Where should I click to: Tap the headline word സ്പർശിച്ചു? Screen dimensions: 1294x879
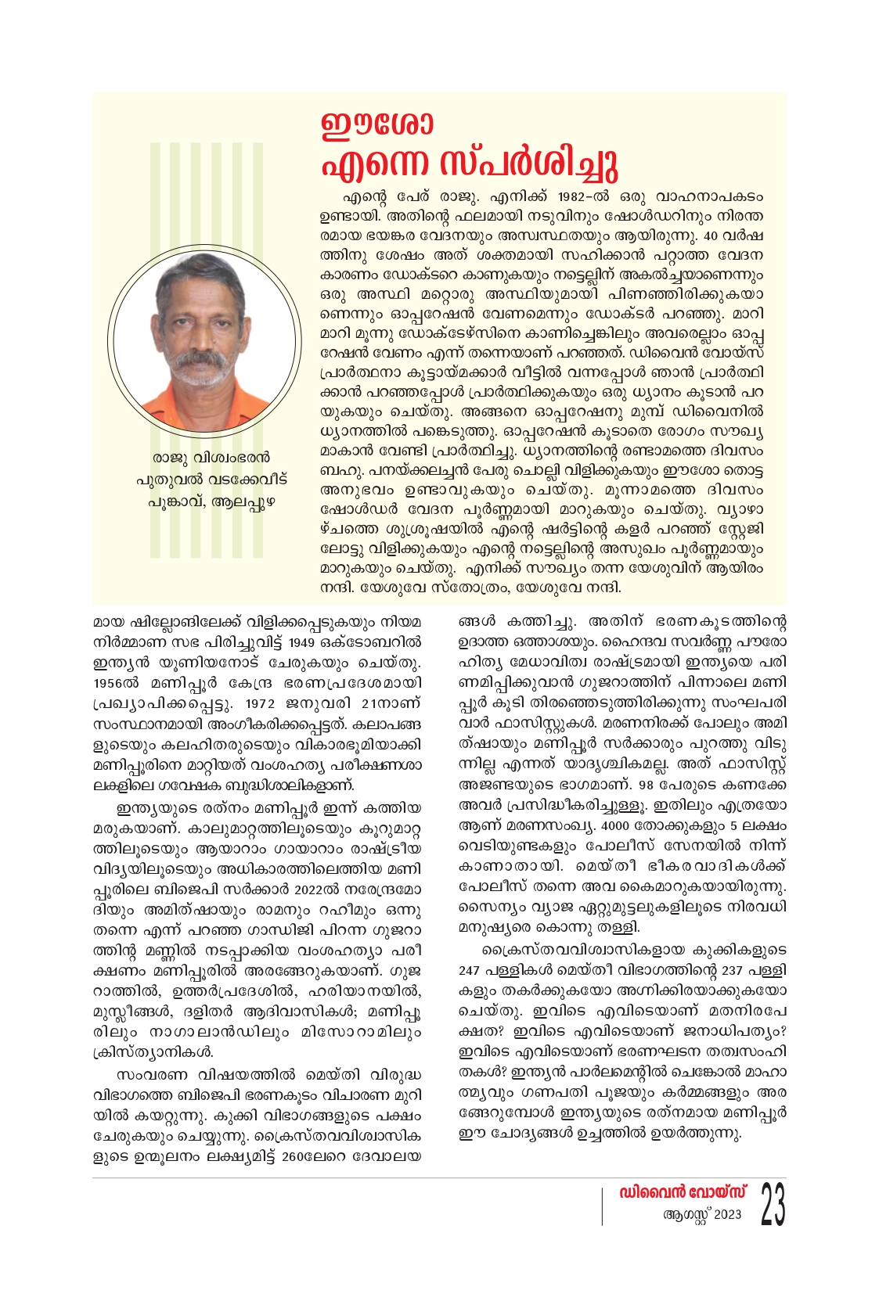(x=530, y=163)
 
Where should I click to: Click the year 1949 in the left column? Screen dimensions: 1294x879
(x=302, y=642)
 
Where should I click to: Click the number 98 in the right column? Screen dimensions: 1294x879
(x=624, y=785)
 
